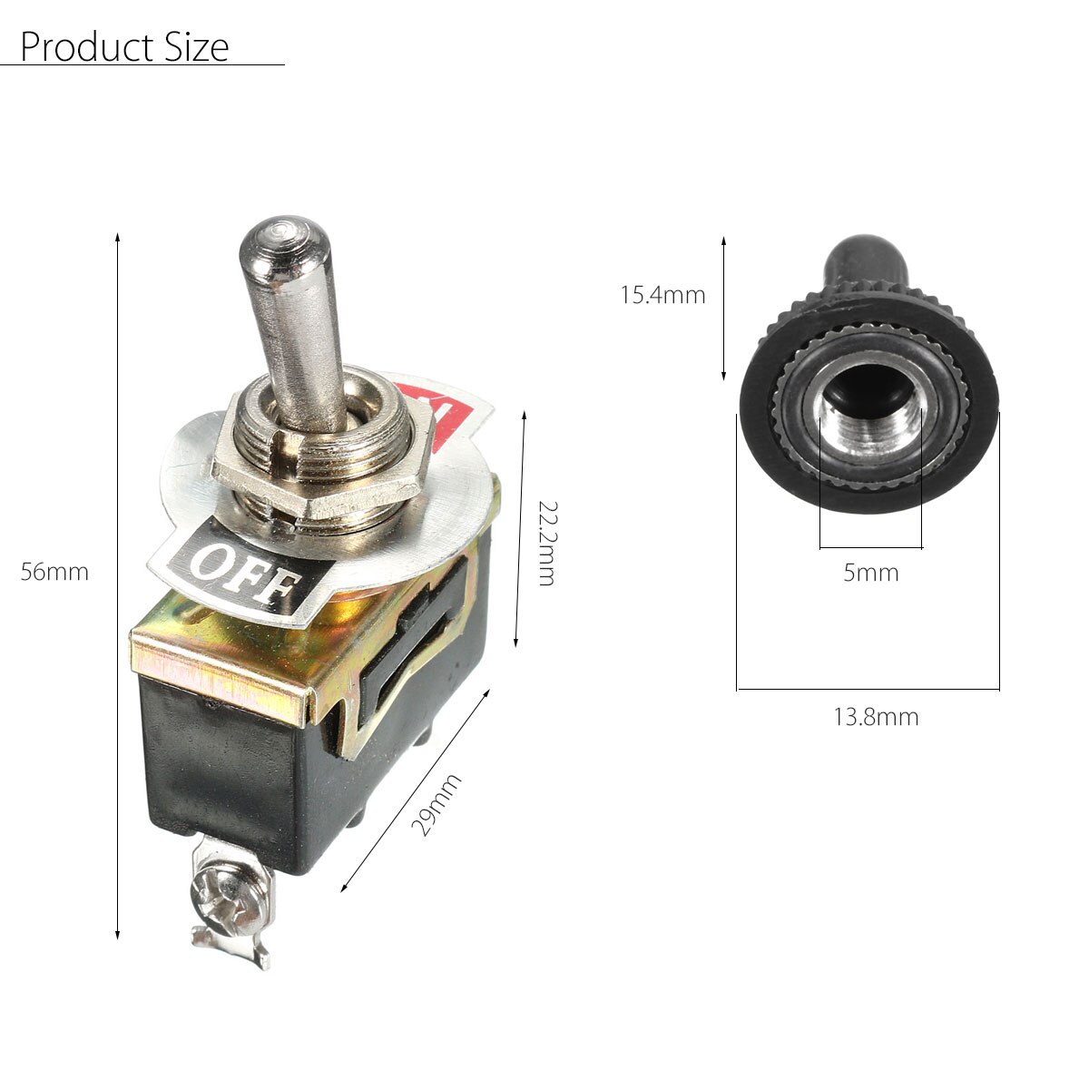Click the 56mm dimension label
coord(54,573)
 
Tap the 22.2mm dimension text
coord(545,543)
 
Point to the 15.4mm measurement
coord(662,295)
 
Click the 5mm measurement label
coord(870,574)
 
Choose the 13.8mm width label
coord(876,718)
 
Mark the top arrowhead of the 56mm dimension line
coord(118,238)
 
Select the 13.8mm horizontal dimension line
coord(868,690)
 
